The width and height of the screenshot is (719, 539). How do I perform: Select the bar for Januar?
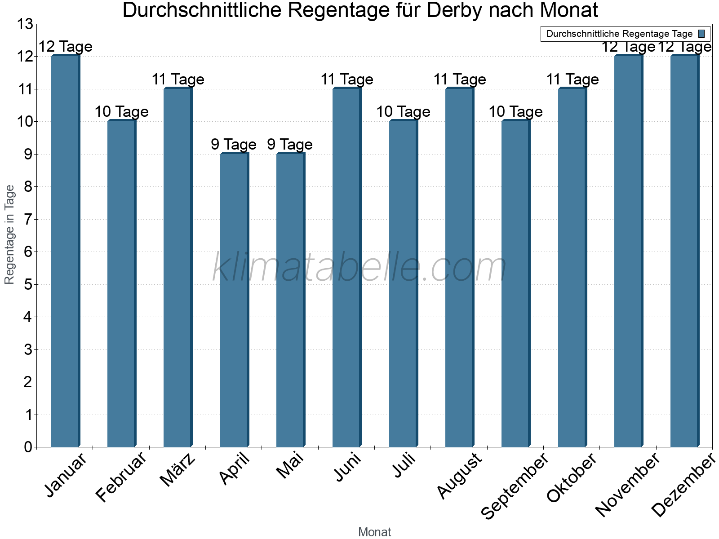coord(65,252)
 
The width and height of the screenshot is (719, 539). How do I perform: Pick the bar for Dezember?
coord(684,252)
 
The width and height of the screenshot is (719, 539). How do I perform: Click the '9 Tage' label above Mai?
coord(290,145)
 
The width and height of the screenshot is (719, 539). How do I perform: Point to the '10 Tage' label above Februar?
coord(121,112)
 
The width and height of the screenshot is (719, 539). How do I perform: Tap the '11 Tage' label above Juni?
coord(347,80)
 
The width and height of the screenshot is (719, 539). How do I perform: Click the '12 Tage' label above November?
coord(628,47)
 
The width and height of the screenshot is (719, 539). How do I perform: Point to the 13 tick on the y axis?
coord(25,24)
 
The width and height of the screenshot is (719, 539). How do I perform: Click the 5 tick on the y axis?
coord(28,285)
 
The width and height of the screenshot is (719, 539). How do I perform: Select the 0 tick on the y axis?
coord(28,447)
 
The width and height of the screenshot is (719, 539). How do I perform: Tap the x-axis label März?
coord(178,469)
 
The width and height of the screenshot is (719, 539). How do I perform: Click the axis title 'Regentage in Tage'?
coord(10,234)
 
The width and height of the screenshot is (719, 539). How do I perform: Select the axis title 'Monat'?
coord(374,532)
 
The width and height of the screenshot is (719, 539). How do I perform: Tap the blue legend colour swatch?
coord(701,34)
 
